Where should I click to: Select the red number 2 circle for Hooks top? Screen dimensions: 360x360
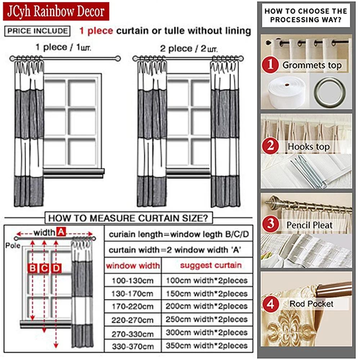[270, 146]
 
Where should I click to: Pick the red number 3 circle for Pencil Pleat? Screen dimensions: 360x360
[270, 225]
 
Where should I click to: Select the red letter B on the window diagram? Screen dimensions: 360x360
[32, 268]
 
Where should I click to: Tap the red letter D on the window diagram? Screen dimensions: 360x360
[56, 268]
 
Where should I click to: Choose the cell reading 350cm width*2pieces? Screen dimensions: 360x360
[207, 346]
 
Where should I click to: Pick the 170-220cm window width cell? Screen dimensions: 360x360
[132, 307]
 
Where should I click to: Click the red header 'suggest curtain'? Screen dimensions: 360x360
[211, 266]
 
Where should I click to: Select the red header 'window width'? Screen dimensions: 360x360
[132, 266]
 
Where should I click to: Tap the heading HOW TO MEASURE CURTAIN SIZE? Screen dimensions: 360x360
[128, 218]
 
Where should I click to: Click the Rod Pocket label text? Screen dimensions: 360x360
[311, 304]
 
